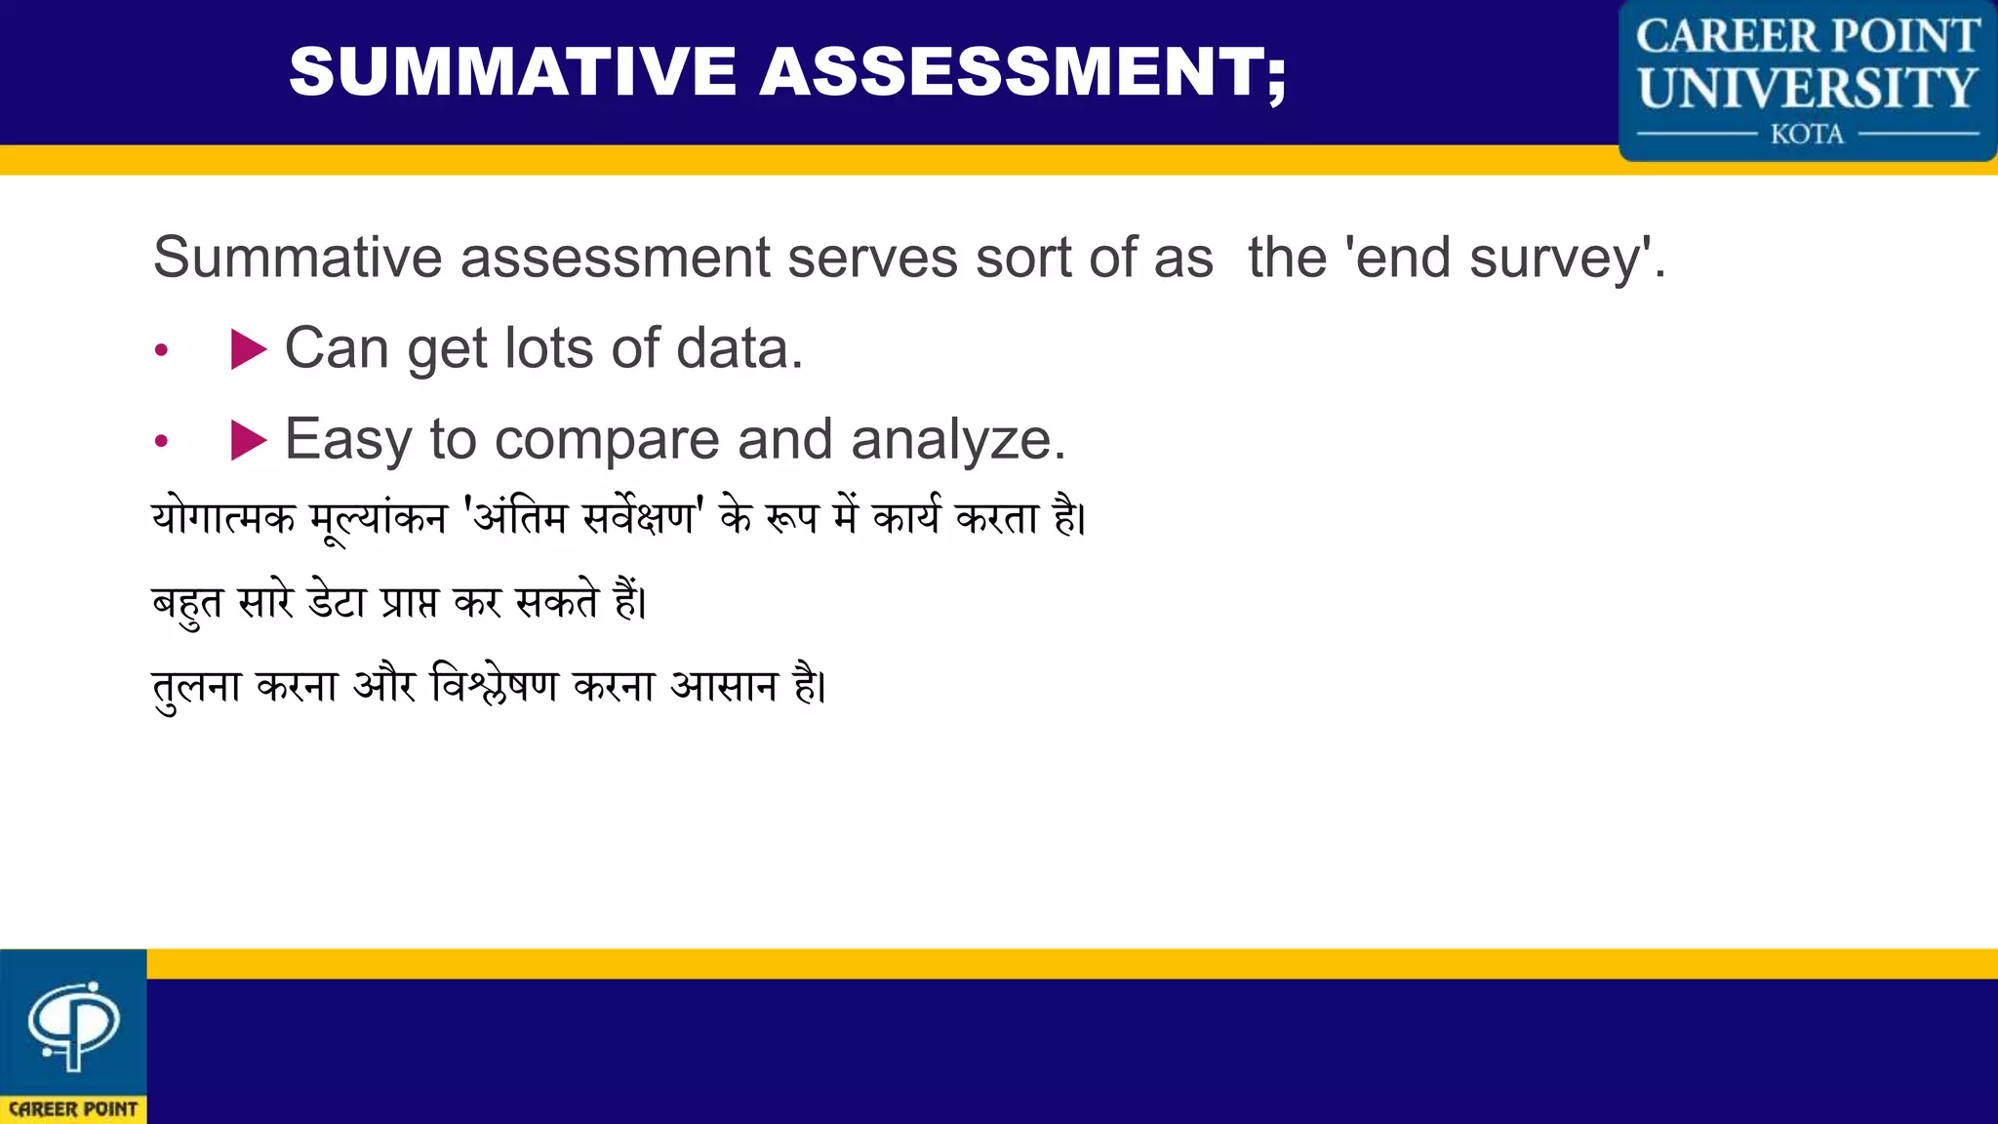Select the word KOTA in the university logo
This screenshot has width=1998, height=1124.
point(1807,134)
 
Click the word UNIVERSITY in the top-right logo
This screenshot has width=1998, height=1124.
point(1807,88)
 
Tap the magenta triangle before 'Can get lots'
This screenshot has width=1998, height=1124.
point(248,349)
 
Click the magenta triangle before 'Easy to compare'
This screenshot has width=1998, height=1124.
point(248,440)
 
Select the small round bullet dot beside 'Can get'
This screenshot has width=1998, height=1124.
point(162,350)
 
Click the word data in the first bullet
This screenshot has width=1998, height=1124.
point(739,348)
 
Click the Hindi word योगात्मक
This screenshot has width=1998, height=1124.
point(223,517)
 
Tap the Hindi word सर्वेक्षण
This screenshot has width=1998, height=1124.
point(638,517)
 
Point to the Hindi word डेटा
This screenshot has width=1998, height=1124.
point(337,601)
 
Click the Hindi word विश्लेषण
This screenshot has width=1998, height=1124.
point(495,686)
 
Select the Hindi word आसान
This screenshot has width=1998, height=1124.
point(724,686)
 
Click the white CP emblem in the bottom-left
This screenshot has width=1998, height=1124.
point(73,1024)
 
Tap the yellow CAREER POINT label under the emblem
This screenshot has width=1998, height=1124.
point(73,1109)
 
